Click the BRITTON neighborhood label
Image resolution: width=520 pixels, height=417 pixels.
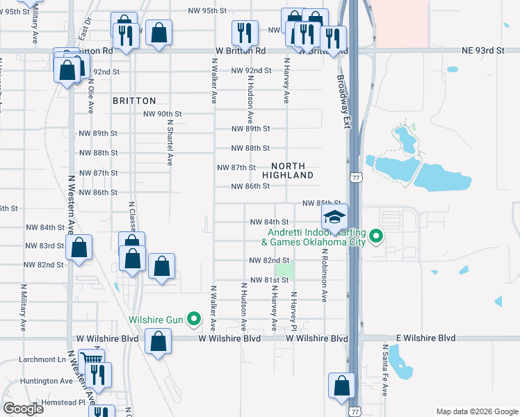pos(134,101)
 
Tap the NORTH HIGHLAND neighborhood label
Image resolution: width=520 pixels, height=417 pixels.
pos(288,170)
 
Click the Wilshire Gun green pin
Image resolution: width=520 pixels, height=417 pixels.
pos(195,320)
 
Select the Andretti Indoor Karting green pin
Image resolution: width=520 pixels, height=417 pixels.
pos(377,236)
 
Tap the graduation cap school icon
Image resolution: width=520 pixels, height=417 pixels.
pos(334,217)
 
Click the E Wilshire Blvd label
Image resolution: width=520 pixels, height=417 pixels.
pos(425,338)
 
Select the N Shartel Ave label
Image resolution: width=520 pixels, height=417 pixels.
pos(169,140)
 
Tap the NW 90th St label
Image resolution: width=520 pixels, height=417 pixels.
pos(162,114)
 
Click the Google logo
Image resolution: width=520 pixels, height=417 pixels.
pos(23,409)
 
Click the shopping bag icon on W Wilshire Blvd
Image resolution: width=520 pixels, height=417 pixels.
pos(159,341)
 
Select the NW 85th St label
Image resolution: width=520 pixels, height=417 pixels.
pos(323,203)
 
